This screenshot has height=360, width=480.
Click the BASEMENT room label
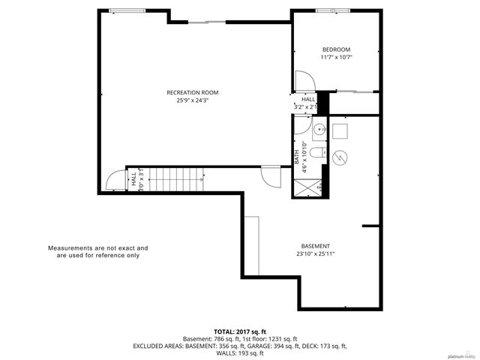[315, 246]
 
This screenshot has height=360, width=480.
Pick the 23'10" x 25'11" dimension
[315, 253]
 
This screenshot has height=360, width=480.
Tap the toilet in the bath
[316, 154]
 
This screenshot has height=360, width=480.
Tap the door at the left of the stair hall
[115, 180]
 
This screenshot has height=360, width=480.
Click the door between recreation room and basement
[268, 175]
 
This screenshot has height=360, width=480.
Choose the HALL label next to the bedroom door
[308, 99]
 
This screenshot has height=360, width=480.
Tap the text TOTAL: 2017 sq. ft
[240, 331]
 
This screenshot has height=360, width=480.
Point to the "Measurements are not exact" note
[98, 251]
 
